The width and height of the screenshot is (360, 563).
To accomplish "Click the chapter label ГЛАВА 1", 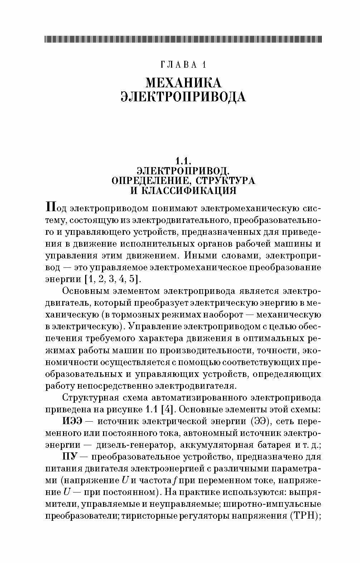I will [183, 65].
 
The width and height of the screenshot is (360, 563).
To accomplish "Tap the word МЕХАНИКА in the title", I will [183, 83].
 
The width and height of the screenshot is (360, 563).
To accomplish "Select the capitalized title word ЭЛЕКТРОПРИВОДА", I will [183, 97].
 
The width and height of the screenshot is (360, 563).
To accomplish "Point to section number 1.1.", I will [183, 160].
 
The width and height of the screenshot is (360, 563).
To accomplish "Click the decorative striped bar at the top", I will [183, 39].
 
